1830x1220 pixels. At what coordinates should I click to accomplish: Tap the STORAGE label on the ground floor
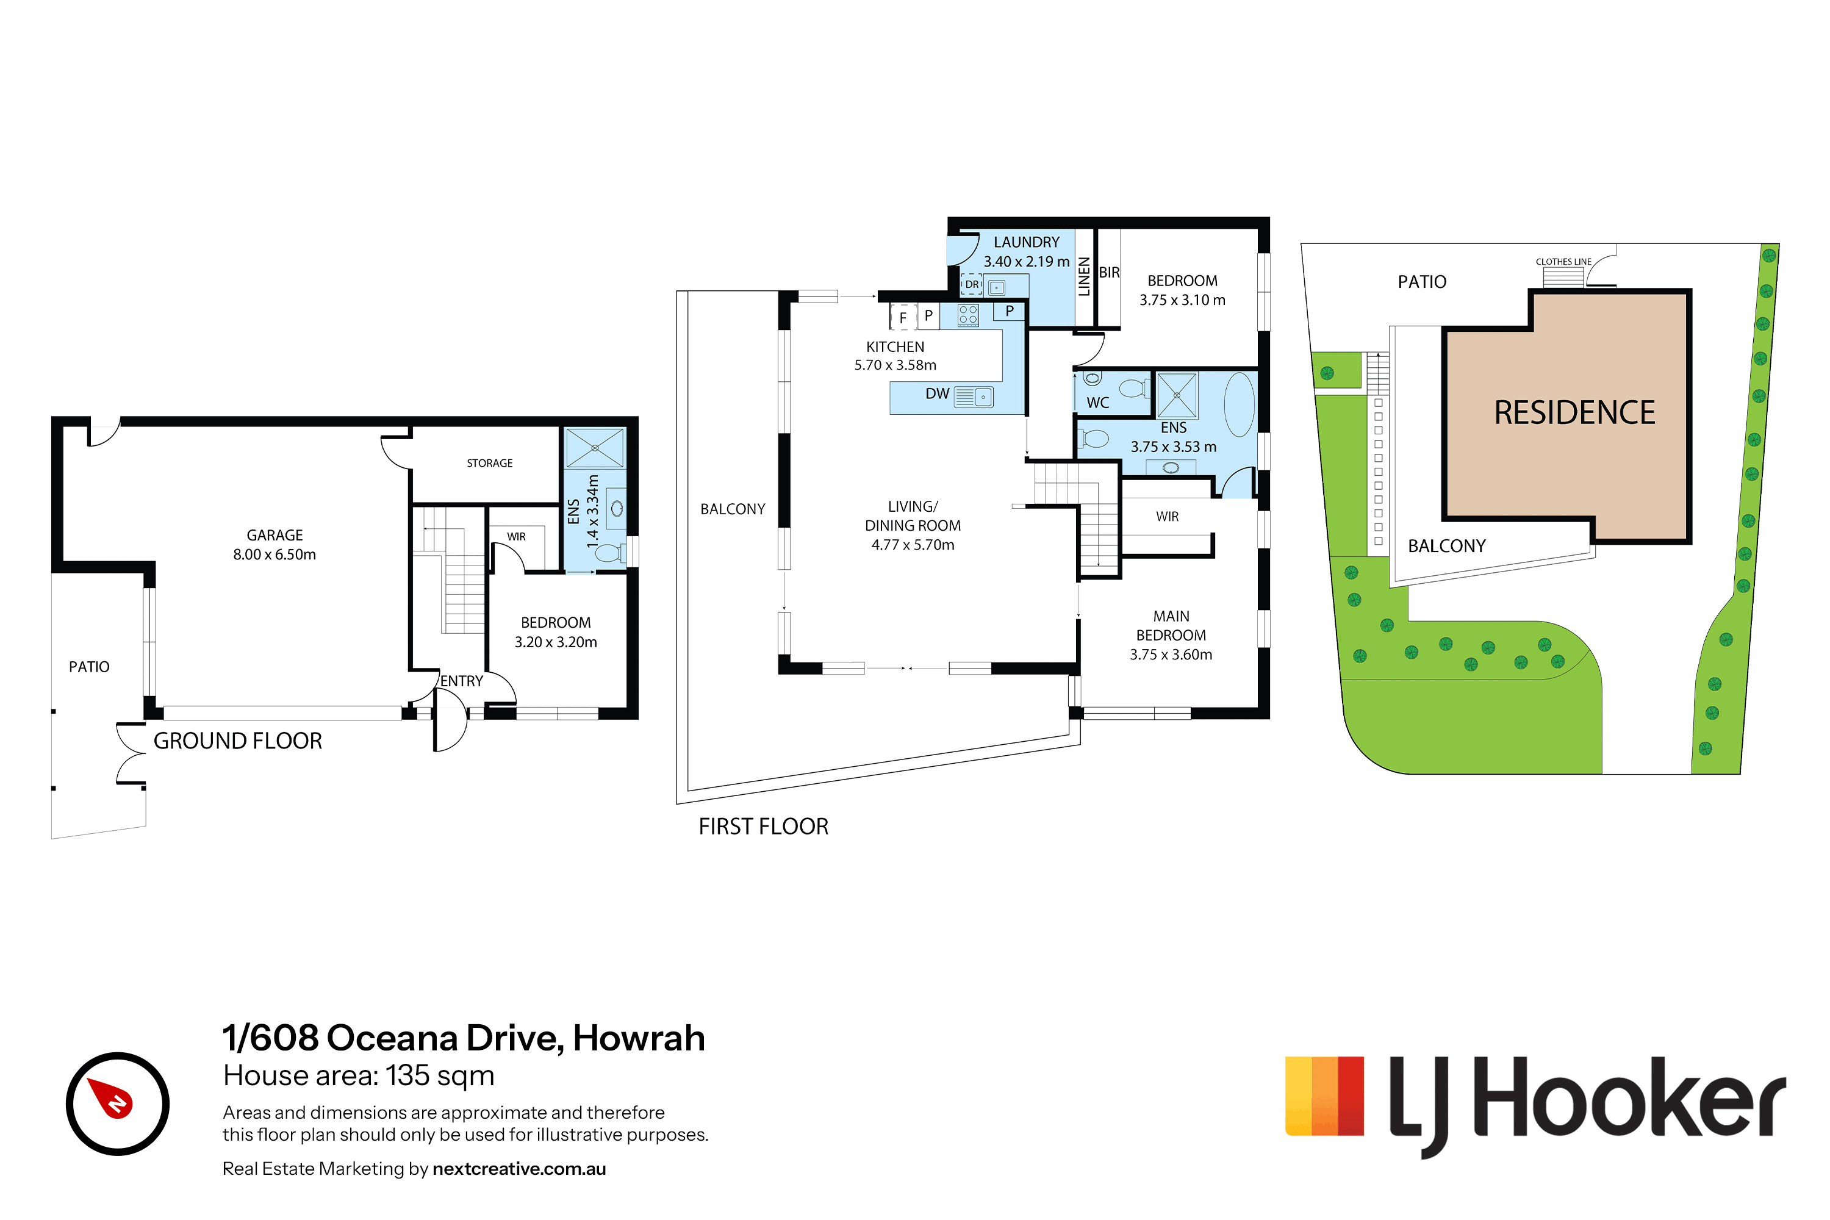489,463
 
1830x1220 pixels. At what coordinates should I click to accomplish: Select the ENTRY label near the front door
461,681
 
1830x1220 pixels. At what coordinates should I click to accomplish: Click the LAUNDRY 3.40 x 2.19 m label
1026,252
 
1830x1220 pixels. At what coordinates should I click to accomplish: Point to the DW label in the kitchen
937,393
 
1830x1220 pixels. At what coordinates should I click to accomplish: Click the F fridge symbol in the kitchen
903,317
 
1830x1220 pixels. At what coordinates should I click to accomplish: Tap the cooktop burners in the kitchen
968,314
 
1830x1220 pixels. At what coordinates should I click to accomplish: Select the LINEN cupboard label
1084,276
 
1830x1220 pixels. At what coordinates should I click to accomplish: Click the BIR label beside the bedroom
1109,272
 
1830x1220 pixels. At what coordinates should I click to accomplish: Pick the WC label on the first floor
1098,402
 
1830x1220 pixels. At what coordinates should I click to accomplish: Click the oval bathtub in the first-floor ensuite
1240,404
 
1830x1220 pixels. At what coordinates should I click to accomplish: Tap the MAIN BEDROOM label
1171,635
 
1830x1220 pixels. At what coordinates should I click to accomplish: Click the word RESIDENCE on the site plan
1575,412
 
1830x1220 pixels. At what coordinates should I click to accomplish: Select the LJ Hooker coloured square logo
1324,1096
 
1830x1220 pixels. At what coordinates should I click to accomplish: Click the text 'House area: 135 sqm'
359,1075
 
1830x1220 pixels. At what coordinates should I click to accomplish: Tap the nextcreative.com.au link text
519,1169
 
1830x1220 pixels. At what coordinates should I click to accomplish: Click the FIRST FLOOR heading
763,827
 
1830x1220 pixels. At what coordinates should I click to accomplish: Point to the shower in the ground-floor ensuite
595,448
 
